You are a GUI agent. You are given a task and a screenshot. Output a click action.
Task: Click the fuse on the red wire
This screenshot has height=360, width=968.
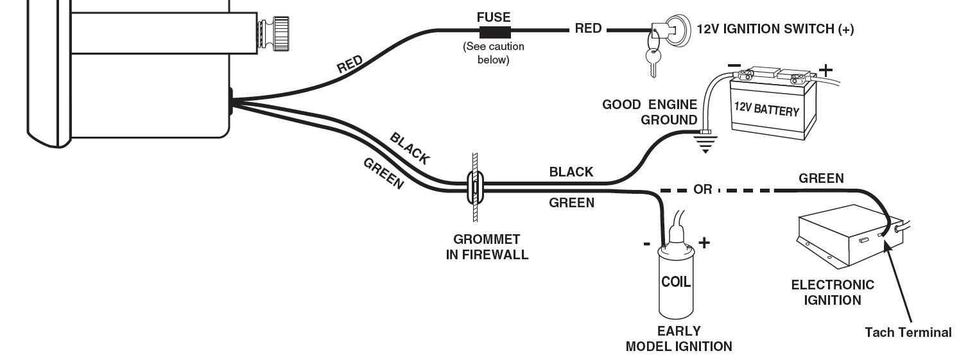point(494,30)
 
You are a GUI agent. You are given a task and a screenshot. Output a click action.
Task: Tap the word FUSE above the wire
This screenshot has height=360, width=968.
point(494,16)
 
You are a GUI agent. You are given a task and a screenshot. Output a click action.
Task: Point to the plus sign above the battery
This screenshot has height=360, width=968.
point(825,69)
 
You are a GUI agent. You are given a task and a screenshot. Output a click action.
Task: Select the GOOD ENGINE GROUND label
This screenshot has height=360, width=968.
point(650,112)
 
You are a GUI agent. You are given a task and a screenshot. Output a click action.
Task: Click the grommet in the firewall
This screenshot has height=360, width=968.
point(474,186)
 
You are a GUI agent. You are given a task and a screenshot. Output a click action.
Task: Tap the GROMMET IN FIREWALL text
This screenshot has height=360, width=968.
point(487,247)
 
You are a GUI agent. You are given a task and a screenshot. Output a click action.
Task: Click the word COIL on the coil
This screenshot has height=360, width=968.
point(675,282)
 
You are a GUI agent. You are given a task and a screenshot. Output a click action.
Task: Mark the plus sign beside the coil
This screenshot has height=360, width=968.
point(704,243)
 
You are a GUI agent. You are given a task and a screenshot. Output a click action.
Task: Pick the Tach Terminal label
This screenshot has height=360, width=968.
point(908,332)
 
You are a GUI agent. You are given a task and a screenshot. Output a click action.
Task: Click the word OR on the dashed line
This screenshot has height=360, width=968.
point(702,191)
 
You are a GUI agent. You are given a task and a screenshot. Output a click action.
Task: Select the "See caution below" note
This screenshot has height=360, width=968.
point(494,53)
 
